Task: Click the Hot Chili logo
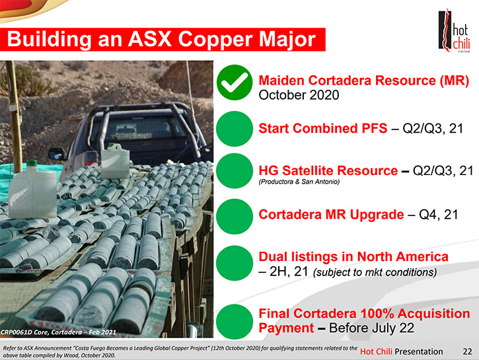[x=454, y=30]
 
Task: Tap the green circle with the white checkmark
[x=235, y=83]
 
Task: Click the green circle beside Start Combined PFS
[x=235, y=129]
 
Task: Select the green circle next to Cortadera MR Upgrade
[x=235, y=216]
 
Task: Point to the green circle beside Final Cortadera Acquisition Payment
[x=235, y=322]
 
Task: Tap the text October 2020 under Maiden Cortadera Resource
[x=299, y=95]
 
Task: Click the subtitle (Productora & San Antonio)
[x=299, y=182]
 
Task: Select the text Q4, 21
[x=439, y=215]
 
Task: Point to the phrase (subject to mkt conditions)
[x=375, y=271]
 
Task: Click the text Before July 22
[x=372, y=328]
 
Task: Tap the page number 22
[x=467, y=352]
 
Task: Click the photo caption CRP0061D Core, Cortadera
[x=57, y=332]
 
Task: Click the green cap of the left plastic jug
[x=32, y=163]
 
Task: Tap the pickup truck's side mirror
[x=57, y=153]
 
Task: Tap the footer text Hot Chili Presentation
[x=402, y=352]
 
